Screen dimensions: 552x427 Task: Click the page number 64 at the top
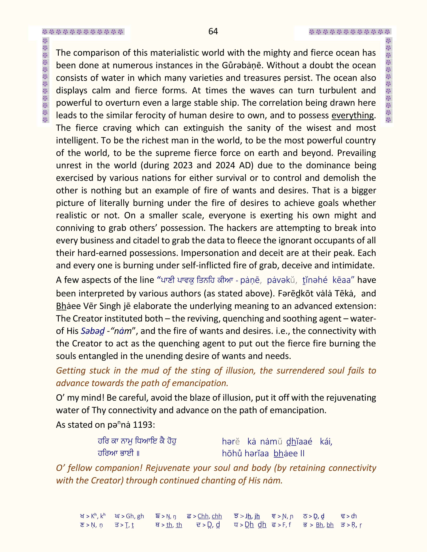click(213, 31)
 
